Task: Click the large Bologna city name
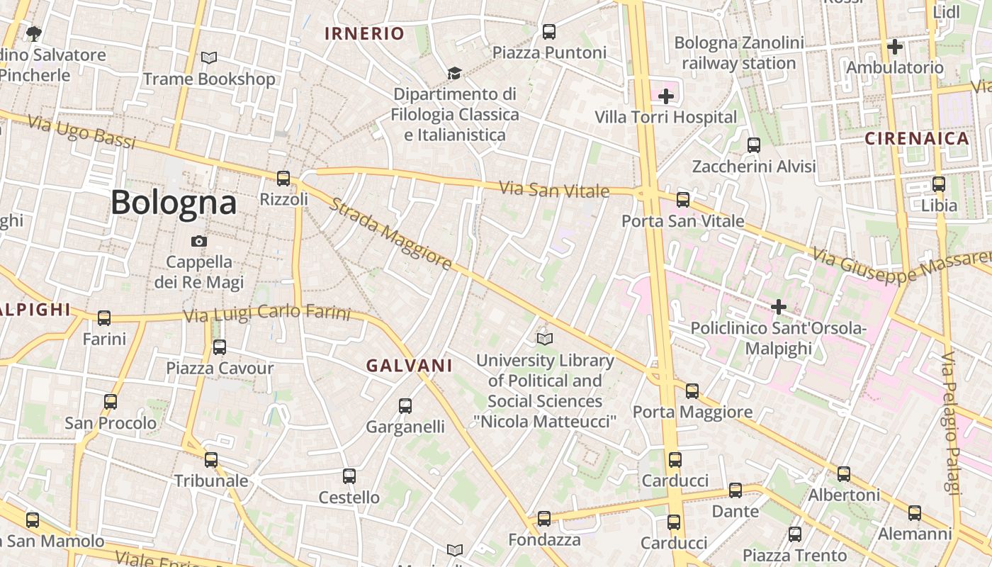tap(174, 203)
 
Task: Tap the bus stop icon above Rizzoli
tap(283, 178)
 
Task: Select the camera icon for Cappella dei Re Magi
tap(199, 241)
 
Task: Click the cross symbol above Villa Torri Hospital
tap(666, 96)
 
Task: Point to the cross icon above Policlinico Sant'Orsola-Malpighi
tap(779, 307)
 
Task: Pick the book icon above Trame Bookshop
tap(209, 57)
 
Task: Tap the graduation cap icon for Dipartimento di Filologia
tap(454, 73)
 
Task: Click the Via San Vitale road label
tap(554, 190)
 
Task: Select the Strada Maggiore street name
tap(390, 235)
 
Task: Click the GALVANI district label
tap(409, 366)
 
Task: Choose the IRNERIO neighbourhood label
tap(364, 33)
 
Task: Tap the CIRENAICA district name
tap(917, 138)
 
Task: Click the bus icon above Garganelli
tap(405, 406)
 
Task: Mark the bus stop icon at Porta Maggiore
tap(692, 391)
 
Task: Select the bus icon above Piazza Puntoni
tap(549, 31)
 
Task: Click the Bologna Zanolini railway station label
tap(739, 53)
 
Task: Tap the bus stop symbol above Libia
tap(939, 184)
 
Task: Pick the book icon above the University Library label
tap(544, 339)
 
